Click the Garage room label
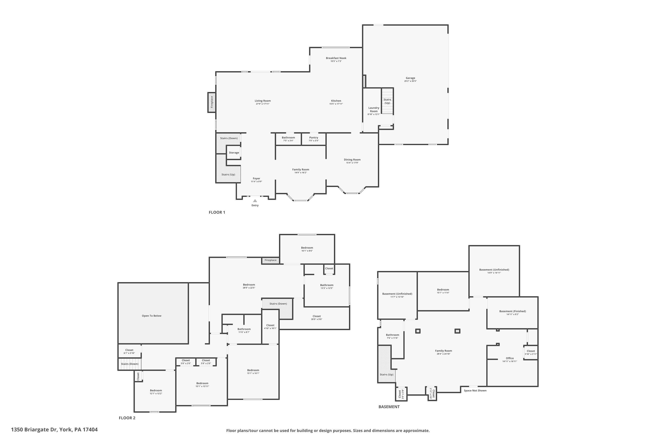pyautogui.click(x=410, y=78)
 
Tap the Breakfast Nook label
pyautogui.click(x=336, y=58)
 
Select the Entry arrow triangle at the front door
pyautogui.click(x=255, y=201)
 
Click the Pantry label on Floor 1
pyautogui.click(x=314, y=137)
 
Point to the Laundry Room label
pyautogui.click(x=374, y=109)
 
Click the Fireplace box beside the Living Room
pyautogui.click(x=212, y=102)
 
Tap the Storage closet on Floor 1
pyautogui.click(x=234, y=153)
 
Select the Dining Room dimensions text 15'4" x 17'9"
pyautogui.click(x=352, y=163)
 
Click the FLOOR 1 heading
pyautogui.click(x=217, y=212)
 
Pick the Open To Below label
pyautogui.click(x=152, y=316)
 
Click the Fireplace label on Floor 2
pyautogui.click(x=270, y=260)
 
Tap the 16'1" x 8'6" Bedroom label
pyautogui.click(x=307, y=249)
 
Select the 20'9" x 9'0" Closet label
pyautogui.click(x=317, y=318)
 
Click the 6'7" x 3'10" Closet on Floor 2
pyautogui.click(x=129, y=351)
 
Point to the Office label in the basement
pyautogui.click(x=509, y=358)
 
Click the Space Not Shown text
pyautogui.click(x=475, y=390)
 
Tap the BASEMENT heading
pyautogui.click(x=389, y=407)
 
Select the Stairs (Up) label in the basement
pyautogui.click(x=386, y=374)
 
